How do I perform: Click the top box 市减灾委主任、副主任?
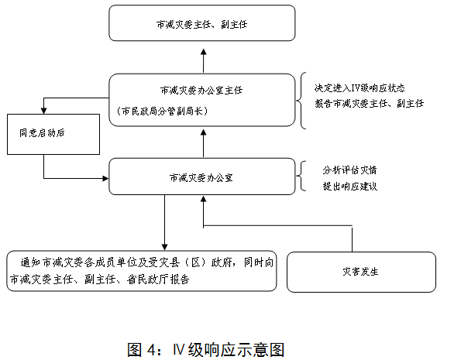click(x=202, y=23)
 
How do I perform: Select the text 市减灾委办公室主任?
click(x=201, y=91)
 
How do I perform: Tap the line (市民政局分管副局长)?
click(x=162, y=111)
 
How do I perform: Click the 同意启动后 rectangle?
click(x=53, y=134)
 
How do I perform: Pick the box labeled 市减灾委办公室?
click(x=202, y=177)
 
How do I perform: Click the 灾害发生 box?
click(x=361, y=272)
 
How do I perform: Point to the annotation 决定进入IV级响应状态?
click(x=360, y=87)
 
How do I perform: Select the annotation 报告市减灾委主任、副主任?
click(x=370, y=104)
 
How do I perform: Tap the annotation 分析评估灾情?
click(x=349, y=170)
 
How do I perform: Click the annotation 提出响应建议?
click(x=350, y=187)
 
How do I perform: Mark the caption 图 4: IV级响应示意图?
click(x=206, y=349)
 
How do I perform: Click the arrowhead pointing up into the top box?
click(x=204, y=53)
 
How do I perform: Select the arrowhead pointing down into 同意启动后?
click(x=44, y=111)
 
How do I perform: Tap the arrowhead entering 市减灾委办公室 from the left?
click(x=105, y=178)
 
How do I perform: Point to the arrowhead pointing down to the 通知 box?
click(x=164, y=247)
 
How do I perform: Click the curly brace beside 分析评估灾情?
click(x=301, y=176)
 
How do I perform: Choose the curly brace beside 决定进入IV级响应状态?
click(x=301, y=101)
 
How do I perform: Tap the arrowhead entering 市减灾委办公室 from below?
click(x=204, y=199)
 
